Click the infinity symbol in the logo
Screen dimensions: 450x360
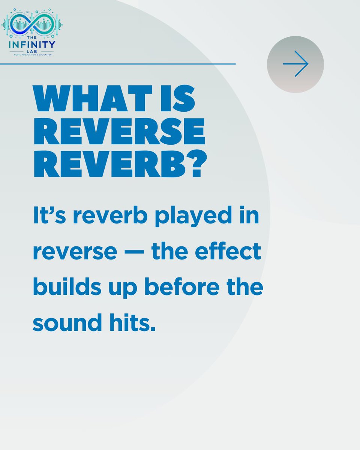coord(32,24)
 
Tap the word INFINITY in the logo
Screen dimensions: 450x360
coord(32,44)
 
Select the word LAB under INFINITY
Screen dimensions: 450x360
coord(32,51)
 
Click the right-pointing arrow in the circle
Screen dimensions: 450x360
coord(295,64)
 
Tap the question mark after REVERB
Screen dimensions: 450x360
coord(195,165)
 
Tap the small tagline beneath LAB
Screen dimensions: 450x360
coord(32,55)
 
